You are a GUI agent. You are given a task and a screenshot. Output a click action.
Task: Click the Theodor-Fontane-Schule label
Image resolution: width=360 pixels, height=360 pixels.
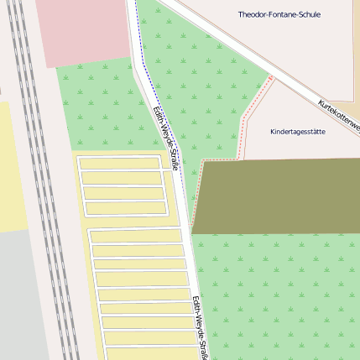(x=279, y=15)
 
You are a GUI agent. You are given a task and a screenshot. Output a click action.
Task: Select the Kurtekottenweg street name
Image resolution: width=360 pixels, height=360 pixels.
(x=339, y=117)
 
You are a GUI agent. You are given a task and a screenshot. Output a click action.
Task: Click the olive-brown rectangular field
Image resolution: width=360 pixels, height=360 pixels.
(x=277, y=196)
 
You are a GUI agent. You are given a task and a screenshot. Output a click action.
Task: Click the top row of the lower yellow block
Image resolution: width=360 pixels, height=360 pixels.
(x=134, y=237)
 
